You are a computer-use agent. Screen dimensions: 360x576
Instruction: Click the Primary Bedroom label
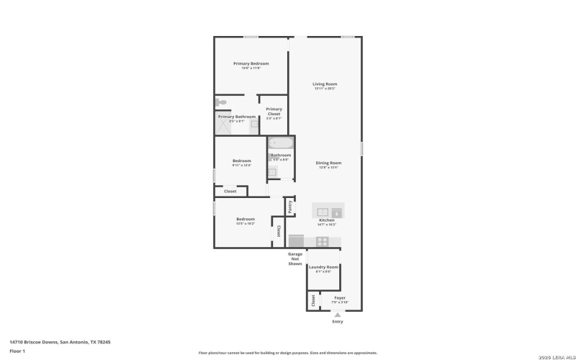[x=251, y=63]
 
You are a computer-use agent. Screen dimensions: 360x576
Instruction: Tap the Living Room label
[x=325, y=84]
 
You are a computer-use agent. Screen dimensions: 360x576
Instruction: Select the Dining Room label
[x=328, y=163]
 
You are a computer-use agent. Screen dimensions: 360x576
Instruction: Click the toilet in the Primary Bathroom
[x=222, y=102]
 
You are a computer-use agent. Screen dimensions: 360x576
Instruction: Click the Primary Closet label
[x=274, y=109]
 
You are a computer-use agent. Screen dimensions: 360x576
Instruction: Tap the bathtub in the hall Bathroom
[x=280, y=143]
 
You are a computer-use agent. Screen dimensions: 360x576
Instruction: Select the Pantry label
[x=290, y=207]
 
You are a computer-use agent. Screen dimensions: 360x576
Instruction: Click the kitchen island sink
[x=323, y=211]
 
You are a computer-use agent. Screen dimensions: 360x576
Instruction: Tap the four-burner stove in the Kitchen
[x=323, y=242]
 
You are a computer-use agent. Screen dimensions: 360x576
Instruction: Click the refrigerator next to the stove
[x=297, y=241]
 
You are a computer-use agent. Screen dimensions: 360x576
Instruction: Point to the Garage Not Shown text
[x=295, y=258]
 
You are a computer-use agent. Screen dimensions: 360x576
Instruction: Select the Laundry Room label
[x=323, y=267]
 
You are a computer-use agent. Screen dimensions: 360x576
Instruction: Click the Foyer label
[x=340, y=297]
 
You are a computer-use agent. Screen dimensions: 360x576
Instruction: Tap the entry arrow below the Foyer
[x=338, y=315]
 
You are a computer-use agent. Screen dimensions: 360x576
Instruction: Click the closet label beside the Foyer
[x=313, y=300]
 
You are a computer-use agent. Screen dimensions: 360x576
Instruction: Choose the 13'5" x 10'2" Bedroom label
[x=245, y=219]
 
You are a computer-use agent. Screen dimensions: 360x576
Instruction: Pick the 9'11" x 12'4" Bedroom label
[x=241, y=161]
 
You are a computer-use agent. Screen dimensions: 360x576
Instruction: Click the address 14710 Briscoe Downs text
[x=60, y=342]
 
